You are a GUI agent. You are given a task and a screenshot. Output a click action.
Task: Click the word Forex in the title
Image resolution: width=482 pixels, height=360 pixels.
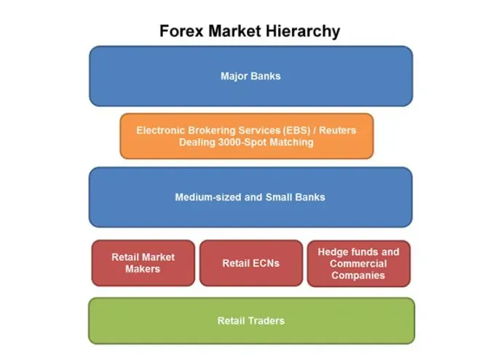tap(183, 32)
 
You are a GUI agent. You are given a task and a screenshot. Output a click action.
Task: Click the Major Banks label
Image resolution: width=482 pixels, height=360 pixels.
tap(250, 76)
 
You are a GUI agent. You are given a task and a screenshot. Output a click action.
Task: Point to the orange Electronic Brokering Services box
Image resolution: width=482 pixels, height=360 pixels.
tap(246, 136)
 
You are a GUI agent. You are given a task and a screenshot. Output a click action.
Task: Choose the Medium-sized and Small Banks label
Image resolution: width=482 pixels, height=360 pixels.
tap(250, 197)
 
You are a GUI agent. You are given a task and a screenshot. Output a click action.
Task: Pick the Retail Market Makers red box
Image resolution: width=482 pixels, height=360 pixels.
tap(143, 263)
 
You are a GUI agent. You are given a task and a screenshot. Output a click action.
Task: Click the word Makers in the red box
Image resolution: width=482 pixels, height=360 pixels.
tap(143, 269)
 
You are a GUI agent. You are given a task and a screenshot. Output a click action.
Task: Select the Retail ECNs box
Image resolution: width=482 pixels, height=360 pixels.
tap(250, 263)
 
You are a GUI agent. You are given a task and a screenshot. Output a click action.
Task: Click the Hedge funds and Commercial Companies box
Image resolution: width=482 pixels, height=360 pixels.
tap(358, 263)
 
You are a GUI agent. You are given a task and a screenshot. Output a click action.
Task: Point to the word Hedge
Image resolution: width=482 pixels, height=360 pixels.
tap(333, 252)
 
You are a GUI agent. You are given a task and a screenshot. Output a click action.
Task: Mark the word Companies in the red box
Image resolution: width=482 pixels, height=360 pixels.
tap(358, 275)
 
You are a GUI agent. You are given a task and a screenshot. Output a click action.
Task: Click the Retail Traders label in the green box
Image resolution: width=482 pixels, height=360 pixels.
tap(250, 321)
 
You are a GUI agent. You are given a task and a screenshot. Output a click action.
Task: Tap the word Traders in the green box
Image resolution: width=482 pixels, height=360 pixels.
tap(266, 321)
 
